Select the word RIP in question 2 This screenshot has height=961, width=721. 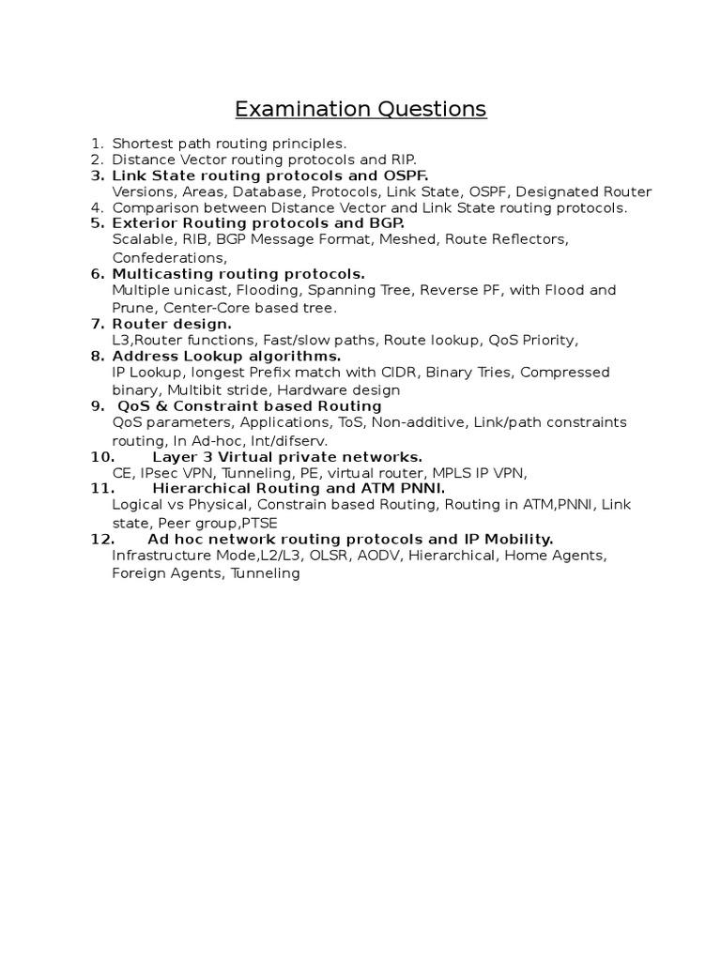pos(403,160)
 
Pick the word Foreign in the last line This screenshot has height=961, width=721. pos(139,572)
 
